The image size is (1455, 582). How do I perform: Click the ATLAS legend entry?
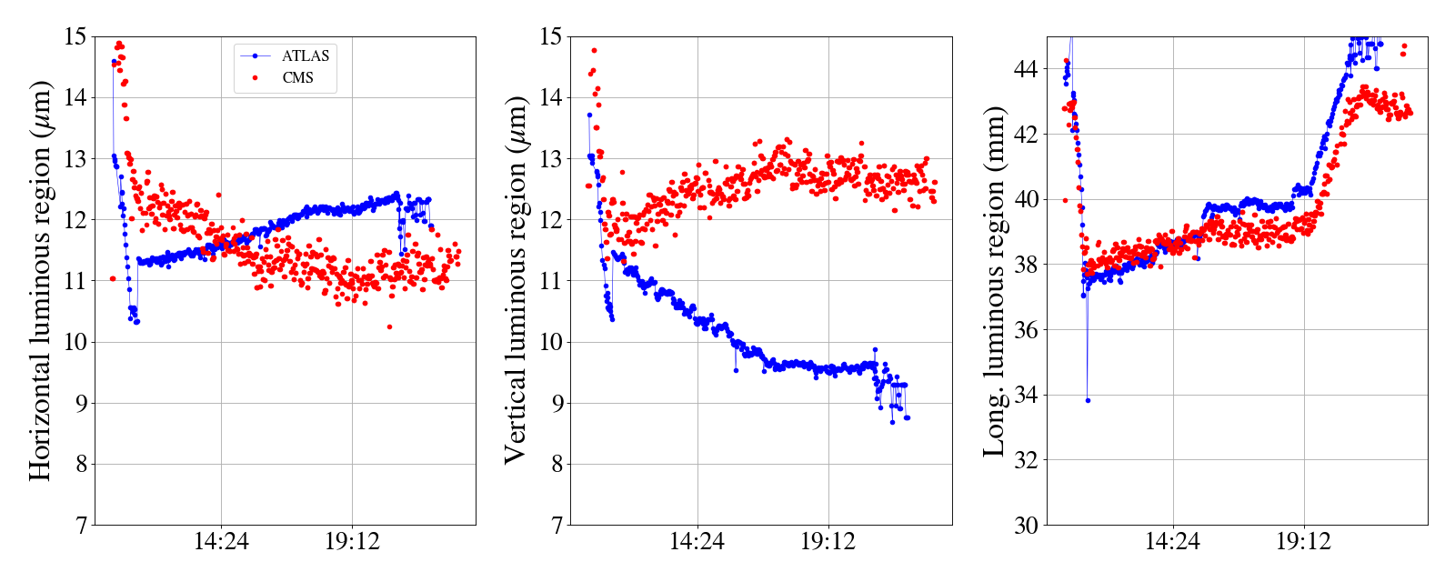pos(305,56)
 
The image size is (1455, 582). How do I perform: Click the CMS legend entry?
pos(297,78)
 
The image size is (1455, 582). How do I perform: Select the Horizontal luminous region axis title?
pos(40,280)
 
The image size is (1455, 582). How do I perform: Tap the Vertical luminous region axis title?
pos(516,280)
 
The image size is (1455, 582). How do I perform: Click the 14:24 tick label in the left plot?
pos(221,542)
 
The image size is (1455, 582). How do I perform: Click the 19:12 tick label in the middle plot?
pos(828,542)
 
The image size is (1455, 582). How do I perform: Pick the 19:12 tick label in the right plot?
pos(1303,542)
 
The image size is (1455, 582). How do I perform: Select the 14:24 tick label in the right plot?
pos(1172,542)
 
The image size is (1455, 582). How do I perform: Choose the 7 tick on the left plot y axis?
pos(80,526)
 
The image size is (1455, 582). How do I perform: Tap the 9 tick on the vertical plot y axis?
pos(556,404)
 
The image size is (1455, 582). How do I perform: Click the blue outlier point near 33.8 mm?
pos(1088,400)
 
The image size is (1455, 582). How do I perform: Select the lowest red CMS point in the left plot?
pos(389,326)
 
